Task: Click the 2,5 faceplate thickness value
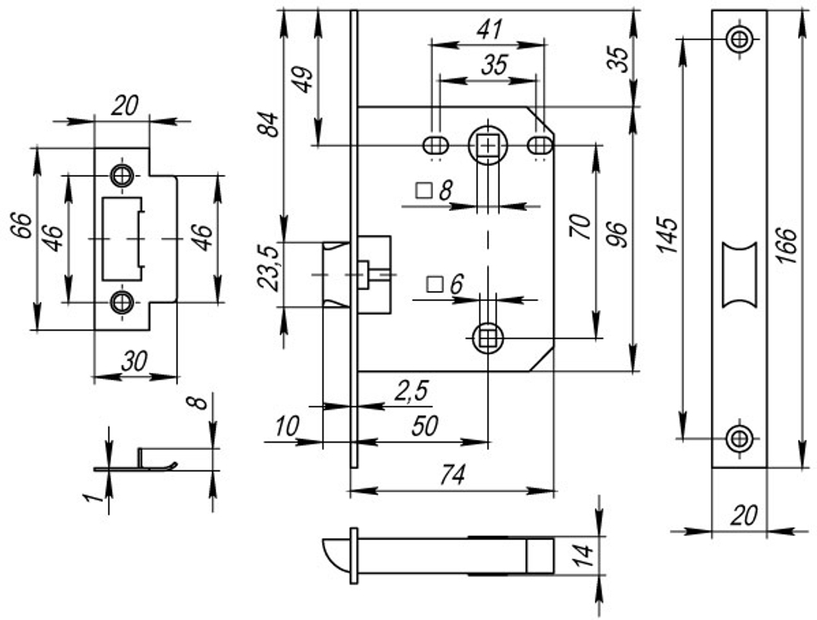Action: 412,391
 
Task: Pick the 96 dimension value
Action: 618,235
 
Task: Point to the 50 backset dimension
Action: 425,425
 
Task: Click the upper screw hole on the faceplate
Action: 739,38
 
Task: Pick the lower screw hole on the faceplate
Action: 739,437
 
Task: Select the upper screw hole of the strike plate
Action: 123,175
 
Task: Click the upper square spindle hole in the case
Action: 488,146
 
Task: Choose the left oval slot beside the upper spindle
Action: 435,146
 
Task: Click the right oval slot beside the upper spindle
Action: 539,146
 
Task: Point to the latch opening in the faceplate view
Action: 739,276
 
